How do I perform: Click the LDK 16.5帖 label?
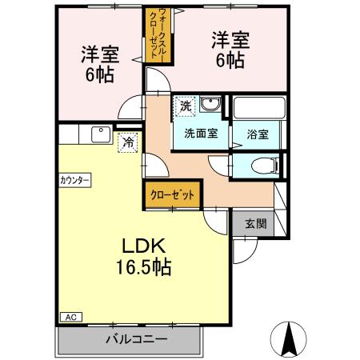[145, 255]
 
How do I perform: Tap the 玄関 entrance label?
[255, 224]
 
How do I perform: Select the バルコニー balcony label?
[136, 338]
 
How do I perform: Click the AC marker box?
[68, 316]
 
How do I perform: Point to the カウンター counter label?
[74, 180]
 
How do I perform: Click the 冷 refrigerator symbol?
[126, 143]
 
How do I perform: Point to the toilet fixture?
[262, 165]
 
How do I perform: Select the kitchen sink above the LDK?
[102, 134]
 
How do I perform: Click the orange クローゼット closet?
[172, 194]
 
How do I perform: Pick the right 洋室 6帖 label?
[230, 50]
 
